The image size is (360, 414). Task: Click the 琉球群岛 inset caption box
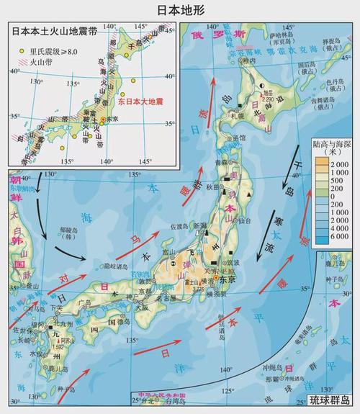(330, 400)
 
